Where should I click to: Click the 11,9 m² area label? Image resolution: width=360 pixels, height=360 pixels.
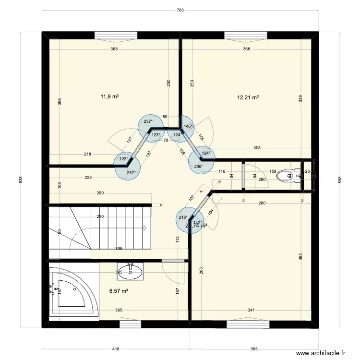coord(109,96)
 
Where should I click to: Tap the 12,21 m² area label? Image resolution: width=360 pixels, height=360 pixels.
coord(248,97)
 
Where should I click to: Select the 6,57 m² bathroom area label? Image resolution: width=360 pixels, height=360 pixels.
coord(119,291)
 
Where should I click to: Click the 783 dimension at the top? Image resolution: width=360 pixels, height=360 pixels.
coord(180,10)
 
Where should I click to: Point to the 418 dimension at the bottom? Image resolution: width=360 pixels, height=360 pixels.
coord(116,349)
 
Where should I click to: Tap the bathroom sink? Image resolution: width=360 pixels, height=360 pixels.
coord(130,271)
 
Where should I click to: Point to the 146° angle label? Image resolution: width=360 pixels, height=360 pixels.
coord(189,127)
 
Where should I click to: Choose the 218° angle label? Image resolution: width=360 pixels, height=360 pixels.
coord(183,217)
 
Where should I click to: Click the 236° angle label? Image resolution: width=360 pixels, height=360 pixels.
coord(199,167)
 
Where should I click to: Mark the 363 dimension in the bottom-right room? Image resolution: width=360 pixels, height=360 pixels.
coord(300,257)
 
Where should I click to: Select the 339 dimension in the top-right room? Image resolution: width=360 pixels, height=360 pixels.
coord(300,98)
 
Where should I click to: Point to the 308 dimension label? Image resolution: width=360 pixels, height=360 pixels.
coord(257,148)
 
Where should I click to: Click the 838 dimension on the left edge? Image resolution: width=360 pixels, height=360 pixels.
coord(21,180)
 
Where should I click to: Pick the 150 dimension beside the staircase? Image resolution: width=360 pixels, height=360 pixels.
coord(60,232)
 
